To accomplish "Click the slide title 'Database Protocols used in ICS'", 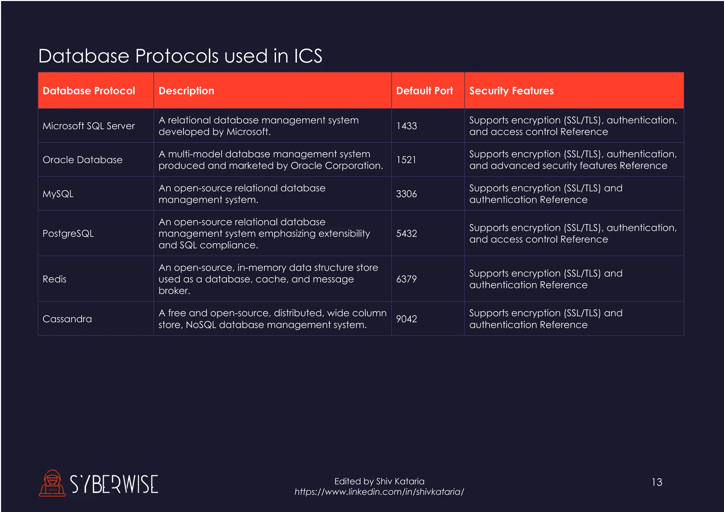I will coord(180,56).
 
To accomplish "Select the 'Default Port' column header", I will coord(424,91).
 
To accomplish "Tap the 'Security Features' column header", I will coord(511,91).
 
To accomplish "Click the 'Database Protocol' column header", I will coord(89,91).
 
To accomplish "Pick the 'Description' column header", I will coord(186,91).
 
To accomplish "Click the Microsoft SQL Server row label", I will coord(89,126).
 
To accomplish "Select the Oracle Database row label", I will coord(82,160).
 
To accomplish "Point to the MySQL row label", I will coord(58,194).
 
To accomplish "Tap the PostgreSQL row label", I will coord(68,233).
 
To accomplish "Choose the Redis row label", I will coord(54,279).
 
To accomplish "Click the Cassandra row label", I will coord(67,319).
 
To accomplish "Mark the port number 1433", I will coord(407,126).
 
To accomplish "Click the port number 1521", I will coord(406,160).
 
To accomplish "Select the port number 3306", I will coord(407,194).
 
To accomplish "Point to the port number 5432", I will coord(407,233).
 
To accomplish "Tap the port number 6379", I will coord(407,279).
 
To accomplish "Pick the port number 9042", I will coord(407,319).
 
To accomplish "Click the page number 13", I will coord(657,482).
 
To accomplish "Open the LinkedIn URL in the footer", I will coord(379,492).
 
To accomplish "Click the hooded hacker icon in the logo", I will coord(52,483).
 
